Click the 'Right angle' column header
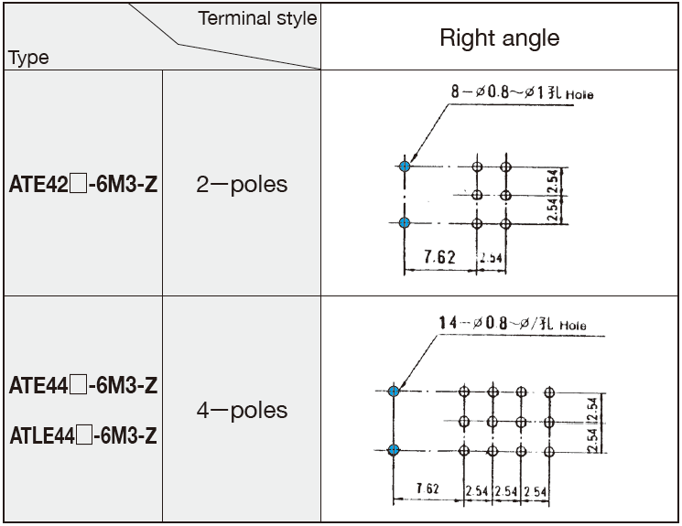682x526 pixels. pyautogui.click(x=499, y=38)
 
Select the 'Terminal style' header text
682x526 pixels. pyautogui.click(x=257, y=17)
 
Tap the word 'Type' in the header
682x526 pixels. pyautogui.click(x=28, y=58)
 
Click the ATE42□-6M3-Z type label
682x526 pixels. pyautogui.click(x=82, y=184)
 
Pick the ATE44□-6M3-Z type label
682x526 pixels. pyautogui.click(x=82, y=386)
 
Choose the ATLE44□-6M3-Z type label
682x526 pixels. pyautogui.click(x=82, y=435)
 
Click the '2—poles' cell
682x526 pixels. pyautogui.click(x=242, y=184)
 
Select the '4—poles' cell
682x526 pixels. pyautogui.click(x=242, y=411)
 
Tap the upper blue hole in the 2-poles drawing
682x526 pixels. pyautogui.click(x=405, y=166)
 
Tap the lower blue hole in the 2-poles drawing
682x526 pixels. pyautogui.click(x=405, y=222)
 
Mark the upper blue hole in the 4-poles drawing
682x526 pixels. pyautogui.click(x=395, y=391)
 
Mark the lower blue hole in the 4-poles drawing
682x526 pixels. pyautogui.click(x=395, y=449)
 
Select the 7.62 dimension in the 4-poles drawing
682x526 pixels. pyautogui.click(x=427, y=488)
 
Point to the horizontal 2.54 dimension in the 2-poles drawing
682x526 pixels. pyautogui.click(x=492, y=257)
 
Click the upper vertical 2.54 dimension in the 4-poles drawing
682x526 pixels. pyautogui.click(x=592, y=406)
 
